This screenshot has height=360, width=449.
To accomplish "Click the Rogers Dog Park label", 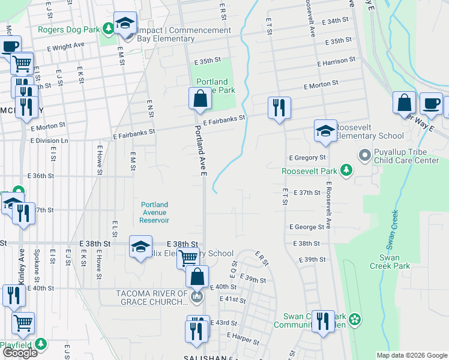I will tap(68, 29).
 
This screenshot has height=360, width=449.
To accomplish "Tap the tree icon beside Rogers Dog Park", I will tap(108, 28).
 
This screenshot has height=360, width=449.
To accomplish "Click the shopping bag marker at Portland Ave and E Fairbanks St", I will tap(200, 98).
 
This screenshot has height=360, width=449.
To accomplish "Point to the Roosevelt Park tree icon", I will tap(346, 170).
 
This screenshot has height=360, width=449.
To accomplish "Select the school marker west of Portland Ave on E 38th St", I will tap(141, 247).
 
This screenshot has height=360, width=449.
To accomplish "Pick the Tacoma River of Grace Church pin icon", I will tap(196, 297).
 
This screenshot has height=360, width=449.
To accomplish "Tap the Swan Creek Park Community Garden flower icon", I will tap(355, 320).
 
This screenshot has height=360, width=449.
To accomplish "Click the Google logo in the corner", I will tap(20, 352).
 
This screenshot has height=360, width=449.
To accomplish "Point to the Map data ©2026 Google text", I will tap(411, 355).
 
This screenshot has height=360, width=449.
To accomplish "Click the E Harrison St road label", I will tap(336, 61).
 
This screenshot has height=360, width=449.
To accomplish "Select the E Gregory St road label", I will tap(307, 158).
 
